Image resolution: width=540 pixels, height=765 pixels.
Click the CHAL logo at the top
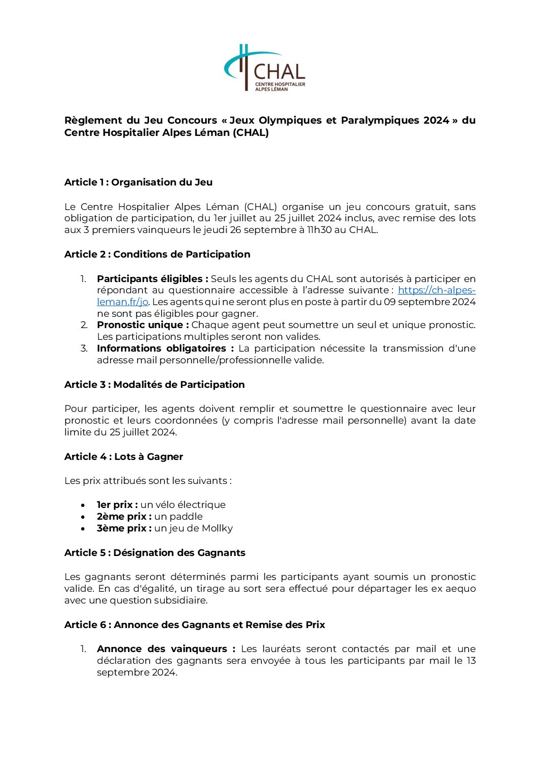click(x=265, y=68)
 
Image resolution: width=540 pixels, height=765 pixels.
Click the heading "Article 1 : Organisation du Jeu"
click(x=138, y=182)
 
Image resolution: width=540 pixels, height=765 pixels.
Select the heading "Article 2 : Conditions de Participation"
click(x=157, y=254)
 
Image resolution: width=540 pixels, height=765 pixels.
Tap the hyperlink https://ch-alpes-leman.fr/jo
click(x=436, y=290)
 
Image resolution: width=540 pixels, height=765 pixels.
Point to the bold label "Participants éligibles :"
click(x=152, y=279)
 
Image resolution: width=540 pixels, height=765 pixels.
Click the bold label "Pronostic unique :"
click(x=143, y=325)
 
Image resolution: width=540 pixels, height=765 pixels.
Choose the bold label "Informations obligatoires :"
click(x=165, y=349)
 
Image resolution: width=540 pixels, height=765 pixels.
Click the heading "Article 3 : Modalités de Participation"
click(x=154, y=385)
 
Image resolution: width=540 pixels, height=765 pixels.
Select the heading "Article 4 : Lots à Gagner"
click(x=124, y=457)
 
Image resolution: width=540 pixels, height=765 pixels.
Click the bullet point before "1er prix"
click(x=83, y=505)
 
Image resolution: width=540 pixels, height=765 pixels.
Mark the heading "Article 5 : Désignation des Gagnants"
click(x=155, y=553)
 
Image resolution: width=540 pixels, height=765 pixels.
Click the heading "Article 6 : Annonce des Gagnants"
click(x=194, y=625)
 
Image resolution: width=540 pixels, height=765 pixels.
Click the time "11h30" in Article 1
click(x=320, y=230)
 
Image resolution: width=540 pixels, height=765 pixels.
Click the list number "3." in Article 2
click(x=84, y=349)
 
